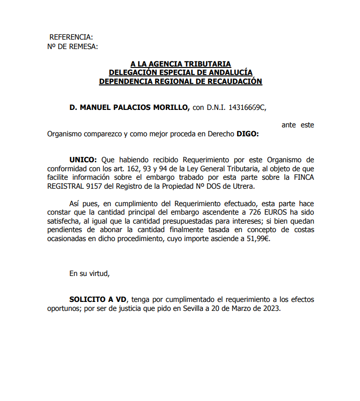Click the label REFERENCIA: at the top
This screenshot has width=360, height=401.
click(x=71, y=37)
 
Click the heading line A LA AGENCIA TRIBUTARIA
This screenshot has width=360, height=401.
click(x=180, y=64)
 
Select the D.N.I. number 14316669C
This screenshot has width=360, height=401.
click(x=247, y=108)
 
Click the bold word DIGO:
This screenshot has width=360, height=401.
click(x=247, y=134)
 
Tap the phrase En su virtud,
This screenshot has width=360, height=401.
click(x=90, y=273)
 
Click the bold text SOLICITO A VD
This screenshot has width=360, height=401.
click(x=98, y=300)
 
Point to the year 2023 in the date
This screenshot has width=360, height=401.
click(x=270, y=309)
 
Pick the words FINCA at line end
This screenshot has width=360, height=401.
click(x=303, y=177)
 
